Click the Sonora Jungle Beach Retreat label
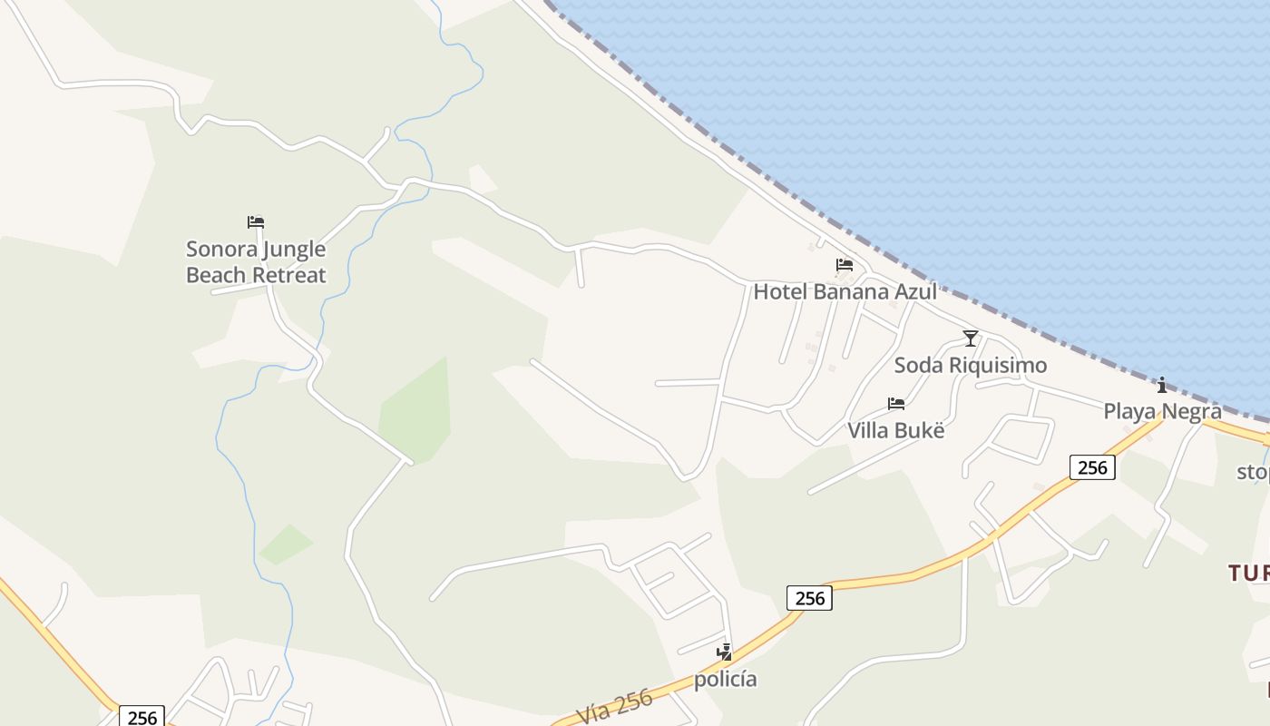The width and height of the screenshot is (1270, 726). (256, 261)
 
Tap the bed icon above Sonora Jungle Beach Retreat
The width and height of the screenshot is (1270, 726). (256, 221)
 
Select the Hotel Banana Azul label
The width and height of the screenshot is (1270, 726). (845, 291)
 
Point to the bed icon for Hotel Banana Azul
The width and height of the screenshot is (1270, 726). (845, 265)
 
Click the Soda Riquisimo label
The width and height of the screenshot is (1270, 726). (971, 365)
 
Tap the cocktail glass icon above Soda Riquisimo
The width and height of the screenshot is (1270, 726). (971, 338)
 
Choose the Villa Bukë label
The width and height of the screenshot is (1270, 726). (896, 430)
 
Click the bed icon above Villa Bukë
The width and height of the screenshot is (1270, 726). (896, 404)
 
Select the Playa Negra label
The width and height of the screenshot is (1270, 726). (1162, 411)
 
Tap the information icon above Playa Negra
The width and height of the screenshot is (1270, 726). (1162, 385)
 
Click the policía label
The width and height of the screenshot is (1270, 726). (725, 679)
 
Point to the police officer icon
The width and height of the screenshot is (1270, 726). (724, 652)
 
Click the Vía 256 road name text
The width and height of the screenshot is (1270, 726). (615, 709)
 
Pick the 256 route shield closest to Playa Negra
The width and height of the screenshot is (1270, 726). (1092, 467)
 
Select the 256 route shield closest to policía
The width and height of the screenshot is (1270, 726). (809, 598)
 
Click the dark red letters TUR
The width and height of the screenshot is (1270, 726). (1249, 573)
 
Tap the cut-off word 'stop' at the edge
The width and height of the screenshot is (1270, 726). (1254, 472)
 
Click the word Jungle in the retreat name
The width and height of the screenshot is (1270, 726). (294, 249)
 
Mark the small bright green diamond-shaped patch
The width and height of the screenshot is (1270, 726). (286, 544)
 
